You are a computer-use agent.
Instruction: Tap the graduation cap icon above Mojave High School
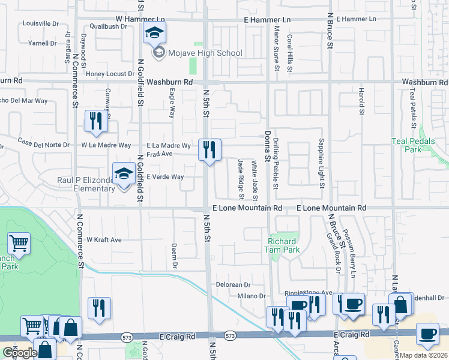(x=154, y=34)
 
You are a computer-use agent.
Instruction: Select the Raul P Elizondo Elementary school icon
(x=124, y=175)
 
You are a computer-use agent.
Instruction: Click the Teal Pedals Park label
(x=421, y=145)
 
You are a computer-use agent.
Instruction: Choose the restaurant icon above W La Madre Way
(x=96, y=122)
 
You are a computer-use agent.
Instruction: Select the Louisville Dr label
(x=40, y=24)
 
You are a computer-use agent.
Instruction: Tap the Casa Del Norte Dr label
(x=44, y=143)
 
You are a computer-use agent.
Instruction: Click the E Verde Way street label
(x=165, y=177)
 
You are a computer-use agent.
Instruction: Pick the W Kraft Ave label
(x=104, y=239)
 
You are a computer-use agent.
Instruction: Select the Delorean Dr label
(x=232, y=284)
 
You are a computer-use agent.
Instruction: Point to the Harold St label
(x=361, y=101)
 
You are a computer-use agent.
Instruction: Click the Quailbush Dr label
(x=109, y=26)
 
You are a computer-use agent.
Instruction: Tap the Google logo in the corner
(x=20, y=353)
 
